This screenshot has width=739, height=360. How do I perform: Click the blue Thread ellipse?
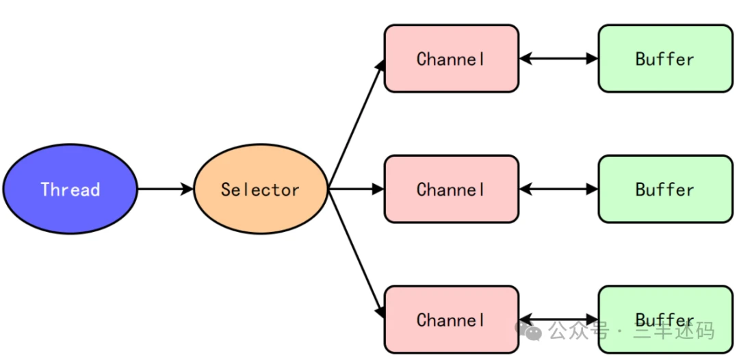(70, 189)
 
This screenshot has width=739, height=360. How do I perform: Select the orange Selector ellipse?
(261, 189)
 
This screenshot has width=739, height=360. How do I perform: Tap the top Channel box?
(452, 58)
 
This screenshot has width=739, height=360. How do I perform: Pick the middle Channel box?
(452, 189)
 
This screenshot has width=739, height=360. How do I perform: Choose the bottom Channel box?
(452, 320)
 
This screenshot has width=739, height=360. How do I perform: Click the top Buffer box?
(666, 58)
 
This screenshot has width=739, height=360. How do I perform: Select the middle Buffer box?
(666, 189)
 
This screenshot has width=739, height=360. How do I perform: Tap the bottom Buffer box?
(666, 320)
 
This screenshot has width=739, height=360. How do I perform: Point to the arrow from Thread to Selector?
(166, 189)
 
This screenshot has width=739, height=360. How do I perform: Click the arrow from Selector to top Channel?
(356, 124)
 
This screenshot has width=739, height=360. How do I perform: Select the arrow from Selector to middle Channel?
(356, 189)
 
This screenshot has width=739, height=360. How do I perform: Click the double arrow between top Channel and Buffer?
(558, 58)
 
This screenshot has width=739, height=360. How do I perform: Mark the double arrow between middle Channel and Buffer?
(558, 189)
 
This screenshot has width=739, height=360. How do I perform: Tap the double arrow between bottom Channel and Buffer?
(558, 320)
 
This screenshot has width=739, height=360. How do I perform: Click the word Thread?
(70, 190)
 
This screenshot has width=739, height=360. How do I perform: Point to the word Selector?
(260, 190)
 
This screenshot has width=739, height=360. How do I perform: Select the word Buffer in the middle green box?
(665, 190)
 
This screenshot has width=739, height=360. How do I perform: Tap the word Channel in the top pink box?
(451, 59)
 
